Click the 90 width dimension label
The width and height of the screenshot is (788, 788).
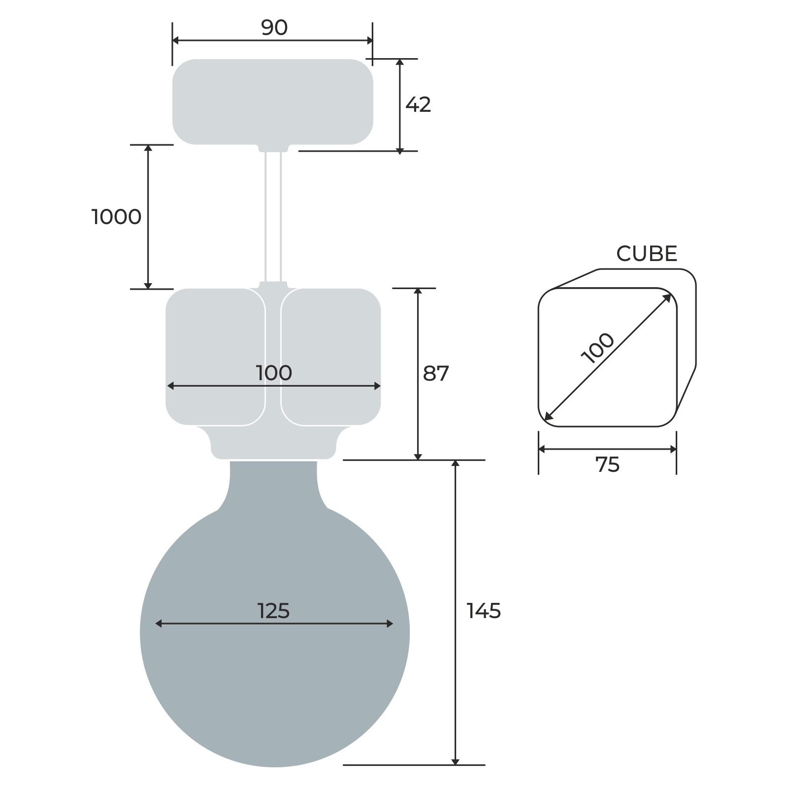[274, 28]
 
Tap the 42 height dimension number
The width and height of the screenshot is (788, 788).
[418, 104]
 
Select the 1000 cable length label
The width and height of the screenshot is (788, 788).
[117, 217]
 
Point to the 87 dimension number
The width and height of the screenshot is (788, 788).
[436, 374]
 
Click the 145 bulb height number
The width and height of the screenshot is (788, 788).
[484, 611]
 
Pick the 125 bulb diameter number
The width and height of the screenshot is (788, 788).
[274, 611]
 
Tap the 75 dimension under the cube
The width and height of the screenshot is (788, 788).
[607, 465]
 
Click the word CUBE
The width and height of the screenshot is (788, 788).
[647, 254]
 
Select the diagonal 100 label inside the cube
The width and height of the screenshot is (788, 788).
[598, 348]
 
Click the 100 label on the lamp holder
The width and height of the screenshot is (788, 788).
[274, 373]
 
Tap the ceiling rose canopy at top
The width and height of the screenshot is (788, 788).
[272, 101]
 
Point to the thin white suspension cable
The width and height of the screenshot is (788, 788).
[273, 217]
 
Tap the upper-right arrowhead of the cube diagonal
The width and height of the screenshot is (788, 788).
[667, 297]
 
